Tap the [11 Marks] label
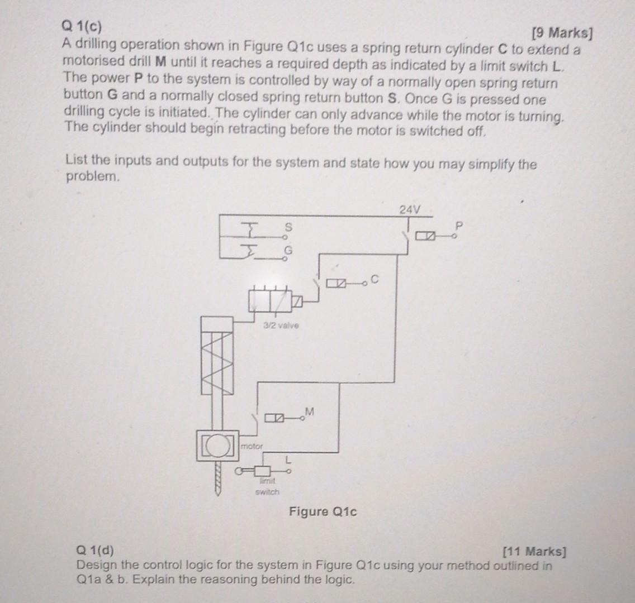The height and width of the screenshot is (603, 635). [x=534, y=552]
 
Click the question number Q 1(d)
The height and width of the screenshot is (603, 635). [x=95, y=551]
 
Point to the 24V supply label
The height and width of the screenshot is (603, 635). [x=409, y=209]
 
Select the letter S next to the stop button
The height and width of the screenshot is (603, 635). [x=288, y=228]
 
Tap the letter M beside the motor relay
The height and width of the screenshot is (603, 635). [x=309, y=412]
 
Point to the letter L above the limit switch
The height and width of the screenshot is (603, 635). [x=288, y=461]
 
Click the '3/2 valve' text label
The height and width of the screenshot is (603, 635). [x=285, y=324]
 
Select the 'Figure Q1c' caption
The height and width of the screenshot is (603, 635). [x=323, y=511]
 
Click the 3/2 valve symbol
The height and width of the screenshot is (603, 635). [x=270, y=302]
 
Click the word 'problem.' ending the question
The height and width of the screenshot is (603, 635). [x=93, y=177]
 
